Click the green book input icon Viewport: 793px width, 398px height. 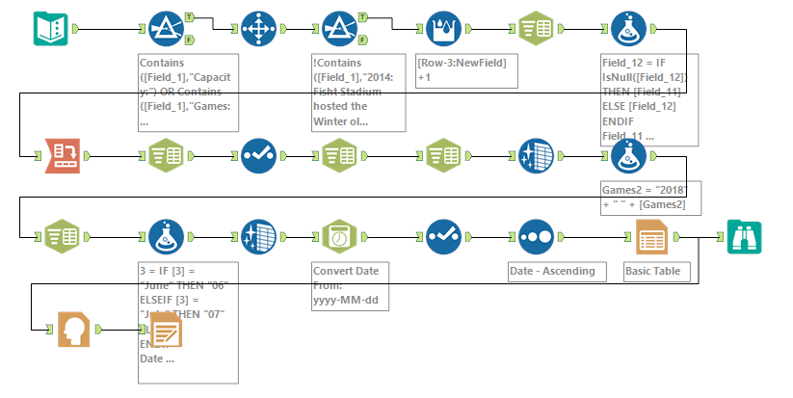click(x=49, y=29)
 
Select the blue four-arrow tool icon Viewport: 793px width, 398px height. click(x=257, y=29)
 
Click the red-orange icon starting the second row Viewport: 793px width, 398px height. click(x=49, y=154)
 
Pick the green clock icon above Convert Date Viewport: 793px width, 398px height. click(x=340, y=236)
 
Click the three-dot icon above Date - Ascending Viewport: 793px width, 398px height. click(x=535, y=236)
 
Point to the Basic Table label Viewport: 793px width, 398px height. click(x=652, y=271)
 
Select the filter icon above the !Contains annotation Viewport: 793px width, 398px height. click(x=340, y=29)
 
